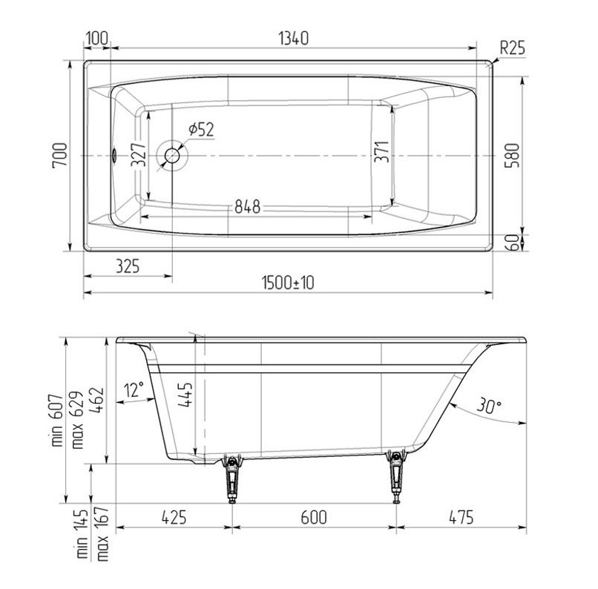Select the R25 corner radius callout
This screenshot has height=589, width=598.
(512, 48)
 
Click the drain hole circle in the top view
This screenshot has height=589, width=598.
(174, 157)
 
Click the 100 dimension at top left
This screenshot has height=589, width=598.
(97, 38)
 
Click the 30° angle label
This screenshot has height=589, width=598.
(488, 406)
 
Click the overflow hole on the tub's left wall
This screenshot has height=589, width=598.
(114, 157)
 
